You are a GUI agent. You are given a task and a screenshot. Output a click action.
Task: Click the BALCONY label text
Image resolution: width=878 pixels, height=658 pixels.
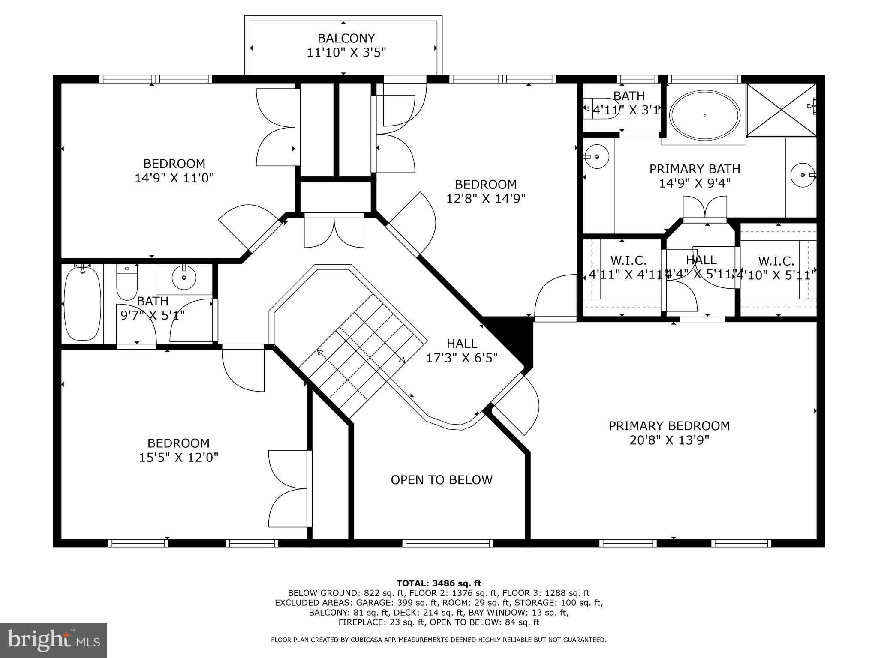pos(346,39)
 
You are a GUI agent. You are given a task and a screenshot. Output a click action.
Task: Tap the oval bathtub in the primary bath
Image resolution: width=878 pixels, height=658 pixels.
pos(705,115)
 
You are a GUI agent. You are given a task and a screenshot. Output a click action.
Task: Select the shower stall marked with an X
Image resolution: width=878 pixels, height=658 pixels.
pos(781,110)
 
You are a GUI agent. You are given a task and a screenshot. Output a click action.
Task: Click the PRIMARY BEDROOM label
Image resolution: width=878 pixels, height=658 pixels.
pos(669,426)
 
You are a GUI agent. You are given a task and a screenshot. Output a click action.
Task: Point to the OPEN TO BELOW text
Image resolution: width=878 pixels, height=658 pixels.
pos(441,480)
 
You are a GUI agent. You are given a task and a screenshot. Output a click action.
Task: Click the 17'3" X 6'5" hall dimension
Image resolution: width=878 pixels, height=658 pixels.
pos(462,358)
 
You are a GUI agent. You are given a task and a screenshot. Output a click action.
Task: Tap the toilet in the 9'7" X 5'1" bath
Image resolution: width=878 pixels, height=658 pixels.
pos(126,283)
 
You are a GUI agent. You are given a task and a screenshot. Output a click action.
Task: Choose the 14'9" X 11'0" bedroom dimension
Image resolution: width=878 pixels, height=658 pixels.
pos(174,178)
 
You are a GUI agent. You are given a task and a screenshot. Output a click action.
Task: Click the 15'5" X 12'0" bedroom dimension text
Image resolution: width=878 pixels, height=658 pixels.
pos(178,458)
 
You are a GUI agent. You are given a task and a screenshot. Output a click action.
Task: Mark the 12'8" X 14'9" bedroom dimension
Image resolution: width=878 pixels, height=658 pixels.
pos(486,199)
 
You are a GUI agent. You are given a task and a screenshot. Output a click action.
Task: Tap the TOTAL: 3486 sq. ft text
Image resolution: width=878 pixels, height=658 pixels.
pos(439,583)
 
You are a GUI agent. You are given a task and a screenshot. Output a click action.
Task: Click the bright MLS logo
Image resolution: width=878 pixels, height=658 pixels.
pos(54,640)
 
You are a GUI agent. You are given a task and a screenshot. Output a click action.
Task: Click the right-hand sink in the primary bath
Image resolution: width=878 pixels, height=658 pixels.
pos(802,175)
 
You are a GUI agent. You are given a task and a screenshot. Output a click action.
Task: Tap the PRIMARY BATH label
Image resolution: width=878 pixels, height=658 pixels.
pos(695,169)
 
